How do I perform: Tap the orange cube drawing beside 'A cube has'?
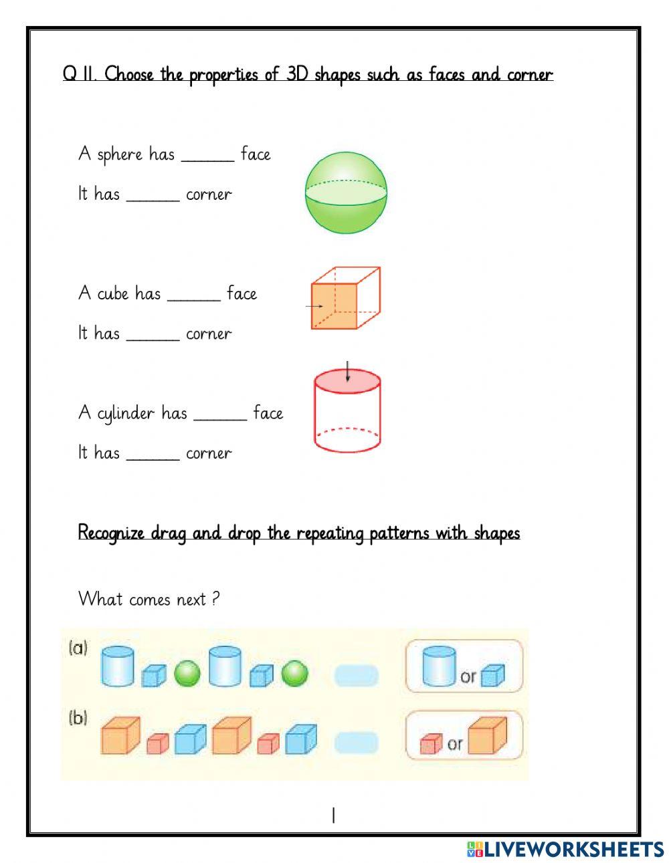tap(345, 299)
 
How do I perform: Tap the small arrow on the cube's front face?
tap(314, 307)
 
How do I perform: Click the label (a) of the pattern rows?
tap(78, 648)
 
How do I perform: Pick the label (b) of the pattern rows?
tap(78, 719)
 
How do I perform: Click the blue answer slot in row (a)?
tap(356, 676)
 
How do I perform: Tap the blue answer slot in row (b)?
tap(356, 743)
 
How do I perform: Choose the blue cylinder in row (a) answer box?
tap(440, 666)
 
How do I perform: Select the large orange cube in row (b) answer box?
tap(487, 735)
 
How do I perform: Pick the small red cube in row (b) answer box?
tap(431, 743)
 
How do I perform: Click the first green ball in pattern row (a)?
tap(187, 674)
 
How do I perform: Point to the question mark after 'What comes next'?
tap(215, 598)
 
